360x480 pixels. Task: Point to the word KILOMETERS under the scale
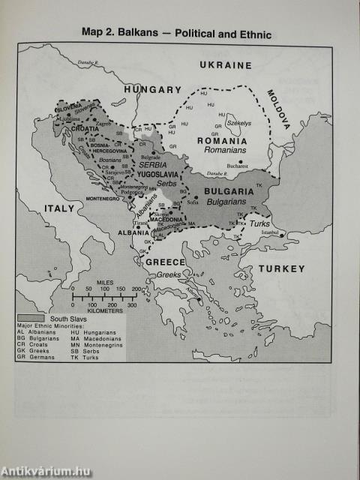tap(113, 312)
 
